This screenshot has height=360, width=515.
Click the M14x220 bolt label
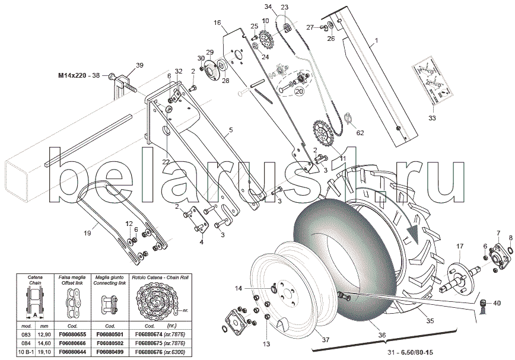(79, 76)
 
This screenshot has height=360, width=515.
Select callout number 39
(139, 65)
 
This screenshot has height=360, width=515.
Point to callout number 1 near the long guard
(375, 43)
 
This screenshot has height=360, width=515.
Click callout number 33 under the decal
(432, 119)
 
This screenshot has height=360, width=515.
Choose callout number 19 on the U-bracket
(87, 233)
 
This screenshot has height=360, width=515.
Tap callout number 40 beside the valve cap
(497, 303)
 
